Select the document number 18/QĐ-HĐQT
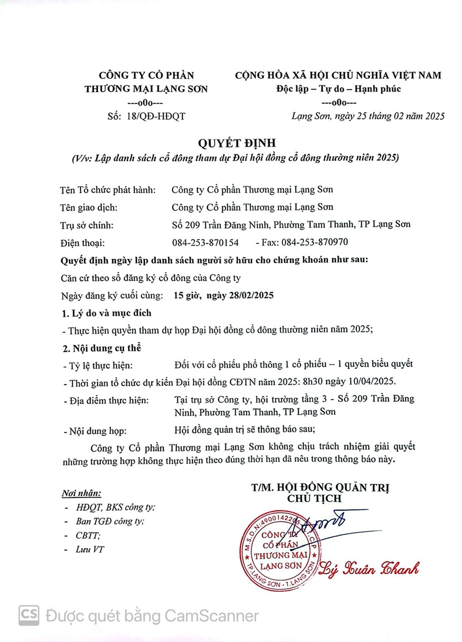pos(156,116)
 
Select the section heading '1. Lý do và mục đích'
pos(106,313)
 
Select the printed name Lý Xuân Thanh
pos(369,568)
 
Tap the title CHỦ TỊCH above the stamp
pos(315,498)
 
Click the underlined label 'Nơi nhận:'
pos(81,493)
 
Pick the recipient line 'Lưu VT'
pos(90,549)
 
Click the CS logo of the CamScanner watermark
pos(29,615)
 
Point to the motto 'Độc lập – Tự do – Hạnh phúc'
pos(339,89)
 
